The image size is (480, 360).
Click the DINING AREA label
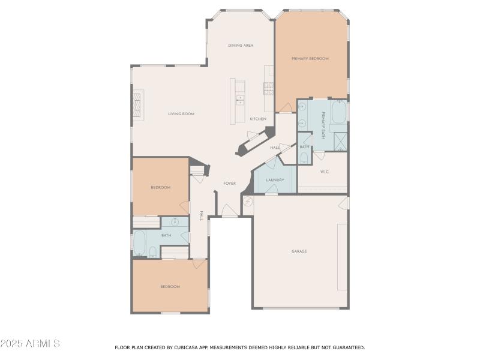240,46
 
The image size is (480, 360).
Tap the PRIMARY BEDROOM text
310,59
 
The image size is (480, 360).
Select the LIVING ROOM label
181,114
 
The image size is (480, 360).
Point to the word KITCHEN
258,119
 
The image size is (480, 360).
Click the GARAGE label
299,251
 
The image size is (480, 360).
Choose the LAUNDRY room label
275,180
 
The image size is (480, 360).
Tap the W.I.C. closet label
324,172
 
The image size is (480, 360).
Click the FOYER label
229,184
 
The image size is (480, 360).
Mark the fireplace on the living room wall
138,106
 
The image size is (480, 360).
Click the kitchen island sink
241,100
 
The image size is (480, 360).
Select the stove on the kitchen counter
268,89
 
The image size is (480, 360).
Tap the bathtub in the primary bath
339,112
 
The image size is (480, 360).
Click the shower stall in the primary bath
341,141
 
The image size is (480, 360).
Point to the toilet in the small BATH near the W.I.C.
304,158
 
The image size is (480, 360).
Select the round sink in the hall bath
175,222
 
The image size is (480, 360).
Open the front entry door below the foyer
229,211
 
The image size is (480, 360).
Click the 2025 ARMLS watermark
30,344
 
